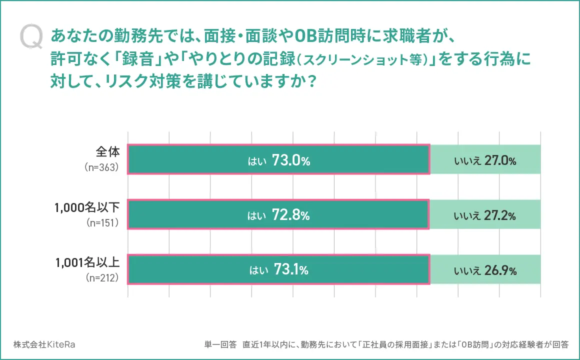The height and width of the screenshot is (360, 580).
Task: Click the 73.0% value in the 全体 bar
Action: coord(291,160)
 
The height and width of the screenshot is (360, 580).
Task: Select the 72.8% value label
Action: coord(291,215)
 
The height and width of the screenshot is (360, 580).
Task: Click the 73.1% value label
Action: coord(291,270)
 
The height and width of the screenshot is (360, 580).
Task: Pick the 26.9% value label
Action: coord(499,270)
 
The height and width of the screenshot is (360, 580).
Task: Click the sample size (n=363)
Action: coord(101,168)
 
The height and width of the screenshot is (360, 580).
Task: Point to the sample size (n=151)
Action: coord(102,223)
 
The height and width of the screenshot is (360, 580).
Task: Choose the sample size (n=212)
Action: coord(102,278)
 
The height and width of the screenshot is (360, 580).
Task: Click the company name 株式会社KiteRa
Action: coord(44,344)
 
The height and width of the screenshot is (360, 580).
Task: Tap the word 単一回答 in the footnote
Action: coord(220,344)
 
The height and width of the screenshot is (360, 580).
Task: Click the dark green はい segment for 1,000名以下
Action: coord(200,215)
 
